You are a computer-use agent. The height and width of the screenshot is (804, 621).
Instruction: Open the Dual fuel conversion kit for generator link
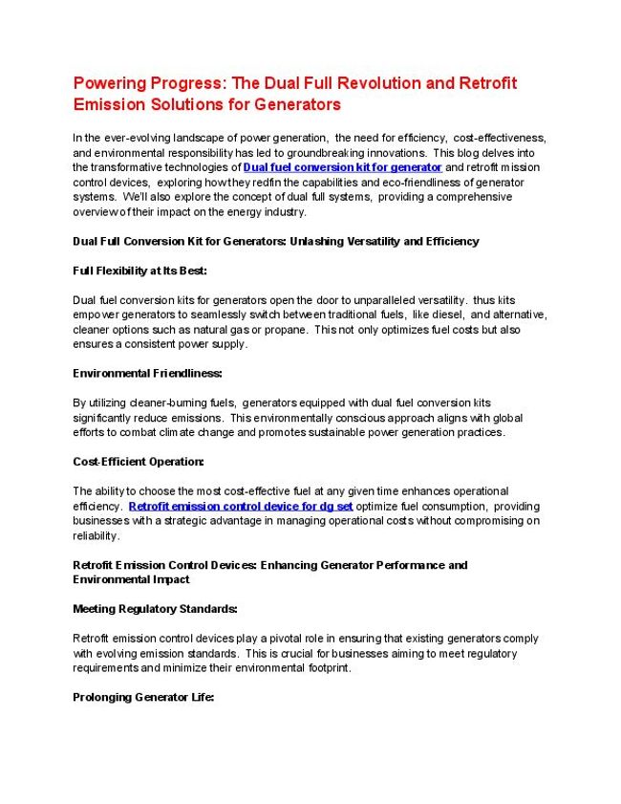[343, 167]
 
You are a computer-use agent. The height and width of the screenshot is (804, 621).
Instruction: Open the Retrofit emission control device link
[241, 506]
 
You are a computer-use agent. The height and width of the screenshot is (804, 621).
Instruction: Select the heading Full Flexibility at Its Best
[139, 271]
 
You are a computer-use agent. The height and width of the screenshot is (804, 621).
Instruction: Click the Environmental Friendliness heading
[147, 373]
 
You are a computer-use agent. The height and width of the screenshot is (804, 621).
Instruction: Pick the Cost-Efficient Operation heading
[139, 462]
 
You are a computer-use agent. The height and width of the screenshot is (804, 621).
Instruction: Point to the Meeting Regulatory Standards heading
[155, 609]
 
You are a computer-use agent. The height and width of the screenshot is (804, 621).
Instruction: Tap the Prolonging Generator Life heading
[143, 698]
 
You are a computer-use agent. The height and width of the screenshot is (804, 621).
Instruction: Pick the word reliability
[96, 536]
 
